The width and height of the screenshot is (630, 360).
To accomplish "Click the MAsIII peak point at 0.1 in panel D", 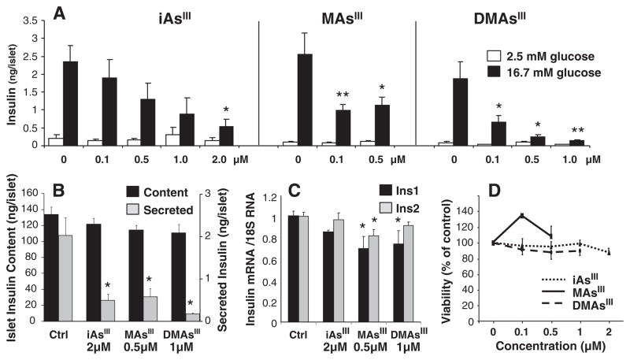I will (x=520, y=215).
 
